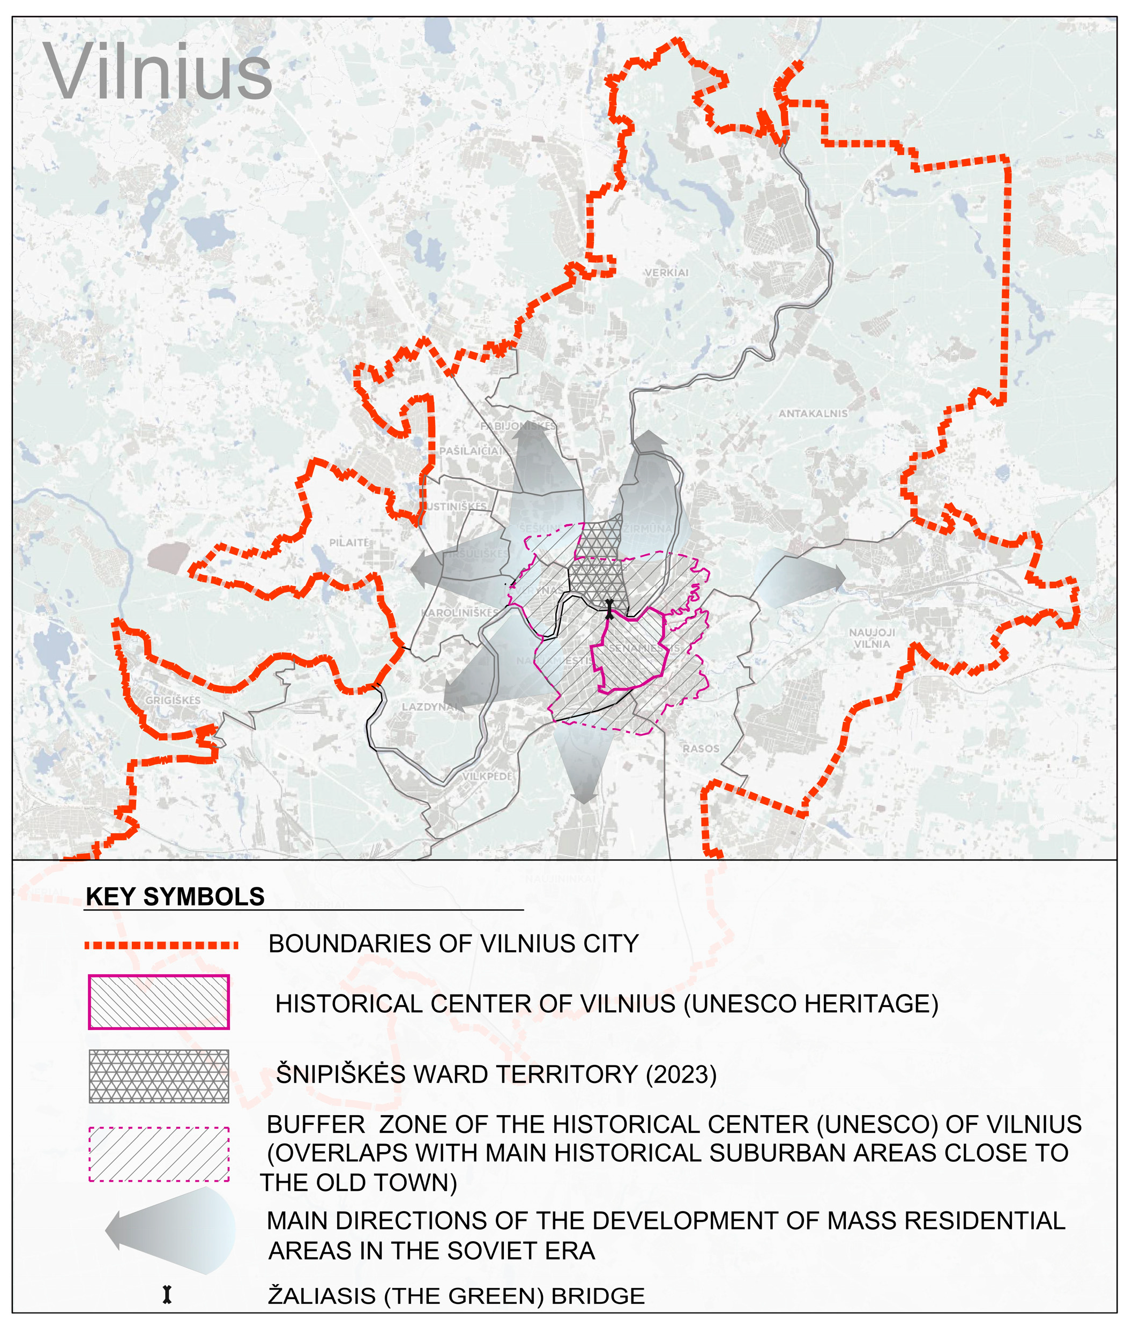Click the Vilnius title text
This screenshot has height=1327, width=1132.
(158, 72)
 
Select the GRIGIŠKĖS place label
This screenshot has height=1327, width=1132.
(173, 701)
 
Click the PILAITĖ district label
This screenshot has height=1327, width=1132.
(349, 543)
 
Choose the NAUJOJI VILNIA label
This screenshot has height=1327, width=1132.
(872, 638)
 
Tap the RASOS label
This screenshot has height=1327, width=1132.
(701, 748)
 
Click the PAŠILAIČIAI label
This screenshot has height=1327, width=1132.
(471, 451)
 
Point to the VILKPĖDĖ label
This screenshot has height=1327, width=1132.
(488, 776)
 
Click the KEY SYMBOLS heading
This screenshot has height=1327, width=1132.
(175, 896)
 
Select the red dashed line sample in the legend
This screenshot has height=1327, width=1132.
(161, 945)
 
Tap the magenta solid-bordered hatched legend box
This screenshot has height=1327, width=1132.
(159, 1002)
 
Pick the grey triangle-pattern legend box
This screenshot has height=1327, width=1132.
(159, 1076)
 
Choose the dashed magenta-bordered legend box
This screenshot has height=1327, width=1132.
(159, 1153)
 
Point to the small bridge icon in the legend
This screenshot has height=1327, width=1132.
(167, 1295)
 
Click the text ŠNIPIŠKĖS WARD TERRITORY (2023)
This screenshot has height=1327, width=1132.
(496, 1074)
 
